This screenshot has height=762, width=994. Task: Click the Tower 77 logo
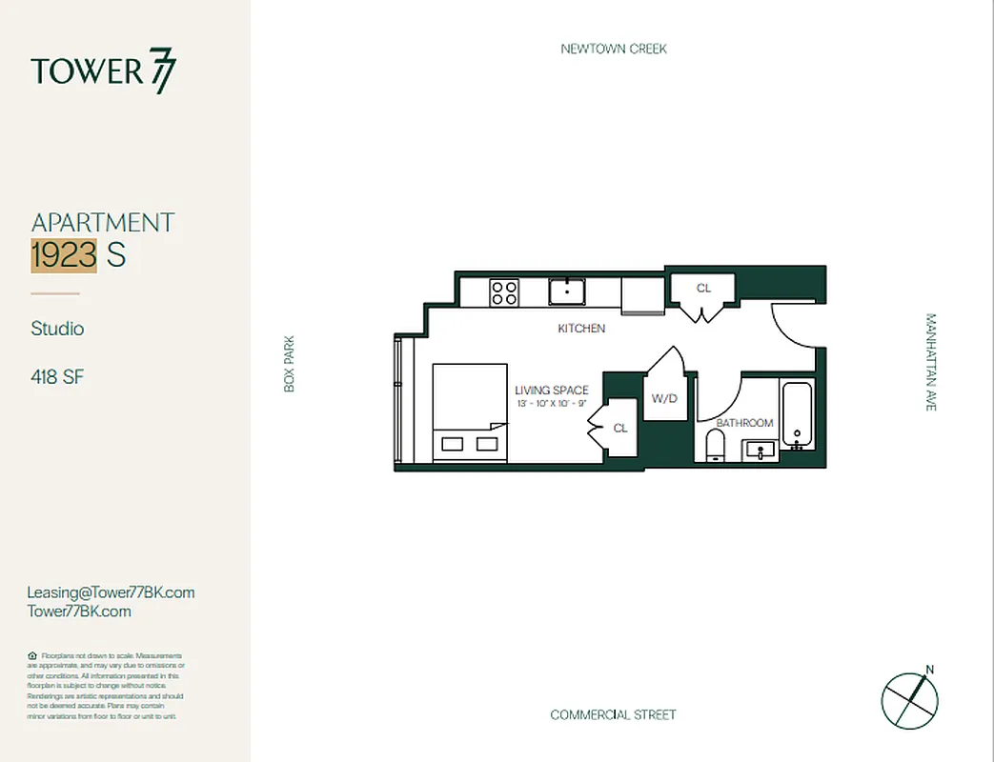pyautogui.click(x=103, y=71)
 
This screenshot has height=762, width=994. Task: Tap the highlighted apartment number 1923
pyautogui.click(x=64, y=255)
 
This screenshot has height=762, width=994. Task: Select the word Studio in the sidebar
pyautogui.click(x=57, y=329)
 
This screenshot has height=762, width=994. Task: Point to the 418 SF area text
pyautogui.click(x=57, y=377)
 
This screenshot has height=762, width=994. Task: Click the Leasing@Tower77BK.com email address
pyautogui.click(x=111, y=592)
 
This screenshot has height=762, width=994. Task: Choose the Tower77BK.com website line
pyautogui.click(x=79, y=612)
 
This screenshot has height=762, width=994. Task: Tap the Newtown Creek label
pyautogui.click(x=614, y=49)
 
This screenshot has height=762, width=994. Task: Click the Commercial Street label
pyautogui.click(x=613, y=714)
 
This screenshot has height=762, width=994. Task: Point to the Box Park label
pyautogui.click(x=290, y=363)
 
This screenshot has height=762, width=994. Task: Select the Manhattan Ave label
pyautogui.click(x=931, y=362)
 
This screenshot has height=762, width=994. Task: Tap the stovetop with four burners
pyautogui.click(x=504, y=291)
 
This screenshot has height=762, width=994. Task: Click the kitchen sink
pyautogui.click(x=567, y=291)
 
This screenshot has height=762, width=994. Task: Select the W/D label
pyautogui.click(x=664, y=398)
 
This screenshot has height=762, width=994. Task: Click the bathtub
pyautogui.click(x=797, y=412)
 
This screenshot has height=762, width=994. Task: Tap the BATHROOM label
pyautogui.click(x=744, y=423)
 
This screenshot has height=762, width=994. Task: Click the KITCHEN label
pyautogui.click(x=581, y=329)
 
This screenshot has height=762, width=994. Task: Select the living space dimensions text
pyautogui.click(x=551, y=404)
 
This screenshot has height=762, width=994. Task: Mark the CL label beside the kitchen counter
pyautogui.click(x=703, y=288)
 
